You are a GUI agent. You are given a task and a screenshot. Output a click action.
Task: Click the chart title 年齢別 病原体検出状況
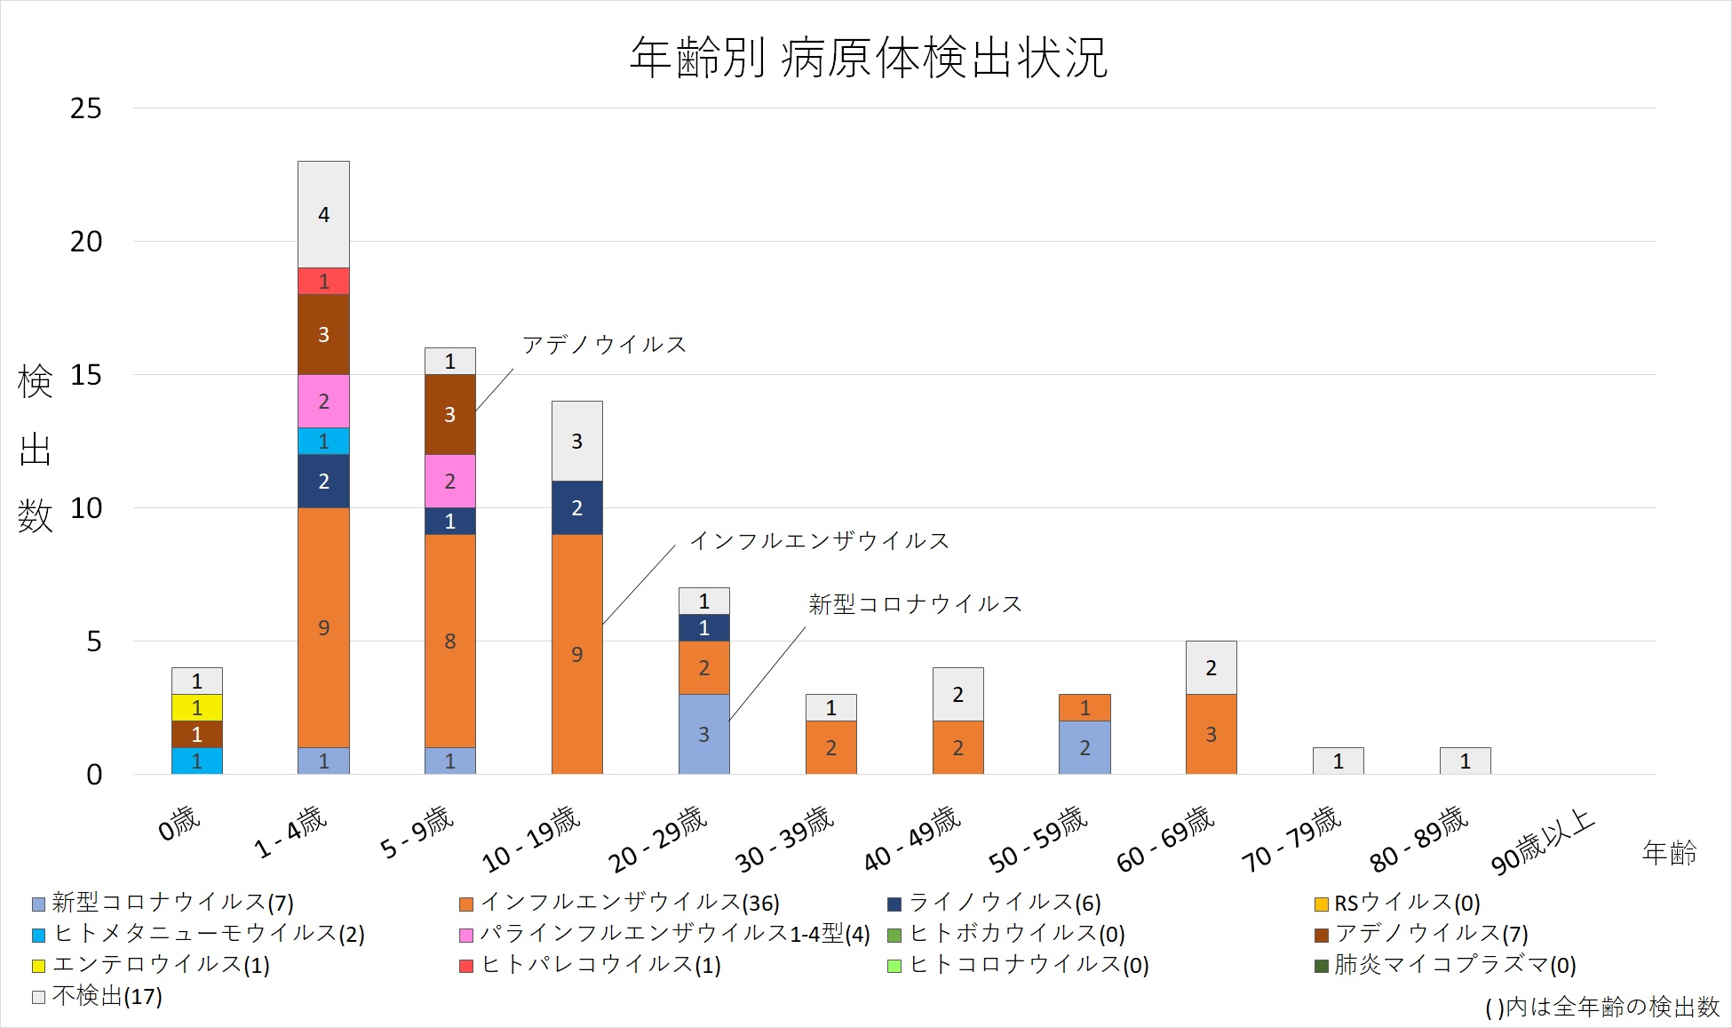click(868, 59)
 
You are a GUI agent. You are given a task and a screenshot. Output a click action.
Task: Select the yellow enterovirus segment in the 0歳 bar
click(197, 708)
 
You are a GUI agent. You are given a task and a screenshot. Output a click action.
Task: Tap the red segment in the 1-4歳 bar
click(323, 282)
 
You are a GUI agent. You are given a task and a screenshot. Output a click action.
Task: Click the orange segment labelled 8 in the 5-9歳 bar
click(450, 641)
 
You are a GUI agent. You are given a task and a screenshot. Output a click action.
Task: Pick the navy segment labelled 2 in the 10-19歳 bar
click(577, 508)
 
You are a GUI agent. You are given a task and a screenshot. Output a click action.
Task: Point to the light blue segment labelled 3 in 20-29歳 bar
click(704, 734)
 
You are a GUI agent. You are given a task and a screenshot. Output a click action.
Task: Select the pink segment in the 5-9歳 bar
click(450, 482)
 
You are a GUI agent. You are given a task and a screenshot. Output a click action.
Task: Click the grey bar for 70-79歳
click(1339, 761)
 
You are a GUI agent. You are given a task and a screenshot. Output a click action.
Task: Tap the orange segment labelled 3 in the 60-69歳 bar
click(1212, 734)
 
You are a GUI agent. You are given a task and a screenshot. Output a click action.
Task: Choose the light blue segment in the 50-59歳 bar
click(1084, 747)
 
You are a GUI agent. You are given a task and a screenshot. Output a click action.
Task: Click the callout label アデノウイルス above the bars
click(604, 345)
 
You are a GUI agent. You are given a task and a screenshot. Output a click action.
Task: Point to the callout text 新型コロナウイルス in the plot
click(915, 605)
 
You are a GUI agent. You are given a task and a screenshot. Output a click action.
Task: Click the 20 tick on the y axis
click(86, 242)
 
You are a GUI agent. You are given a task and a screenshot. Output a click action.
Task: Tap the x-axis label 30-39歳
click(785, 840)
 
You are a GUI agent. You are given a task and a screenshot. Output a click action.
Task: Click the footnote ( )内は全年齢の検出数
click(1602, 1008)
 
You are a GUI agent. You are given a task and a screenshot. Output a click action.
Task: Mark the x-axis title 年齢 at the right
click(1669, 853)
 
